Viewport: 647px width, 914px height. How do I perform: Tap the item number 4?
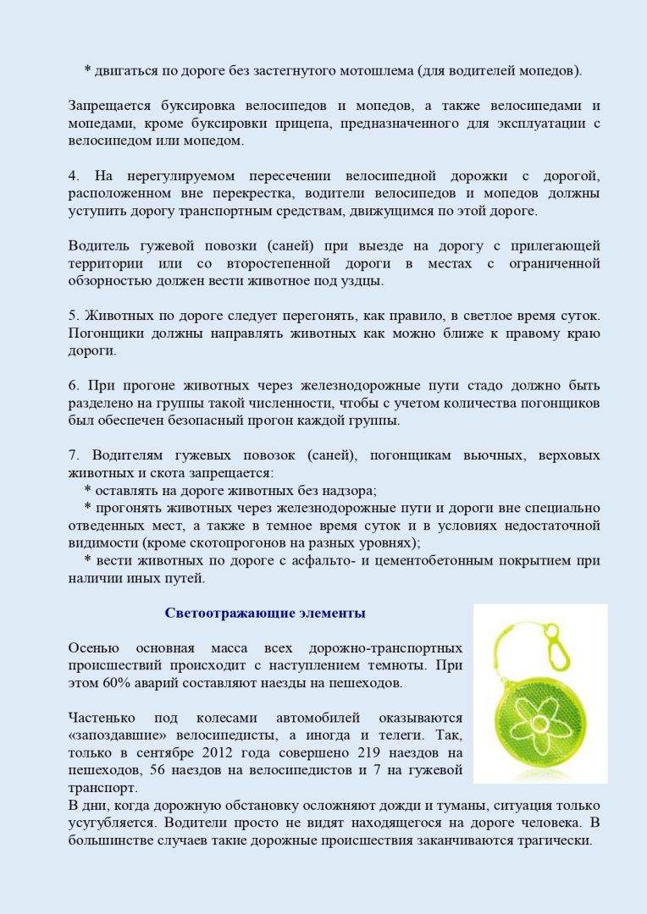pyautogui.click(x=73, y=176)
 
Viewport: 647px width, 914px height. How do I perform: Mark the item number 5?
pyautogui.click(x=73, y=316)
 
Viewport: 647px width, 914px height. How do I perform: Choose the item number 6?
pyautogui.click(x=73, y=386)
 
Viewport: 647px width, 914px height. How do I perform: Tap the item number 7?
pyautogui.click(x=73, y=456)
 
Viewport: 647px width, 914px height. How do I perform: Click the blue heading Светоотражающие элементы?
pyautogui.click(x=265, y=613)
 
